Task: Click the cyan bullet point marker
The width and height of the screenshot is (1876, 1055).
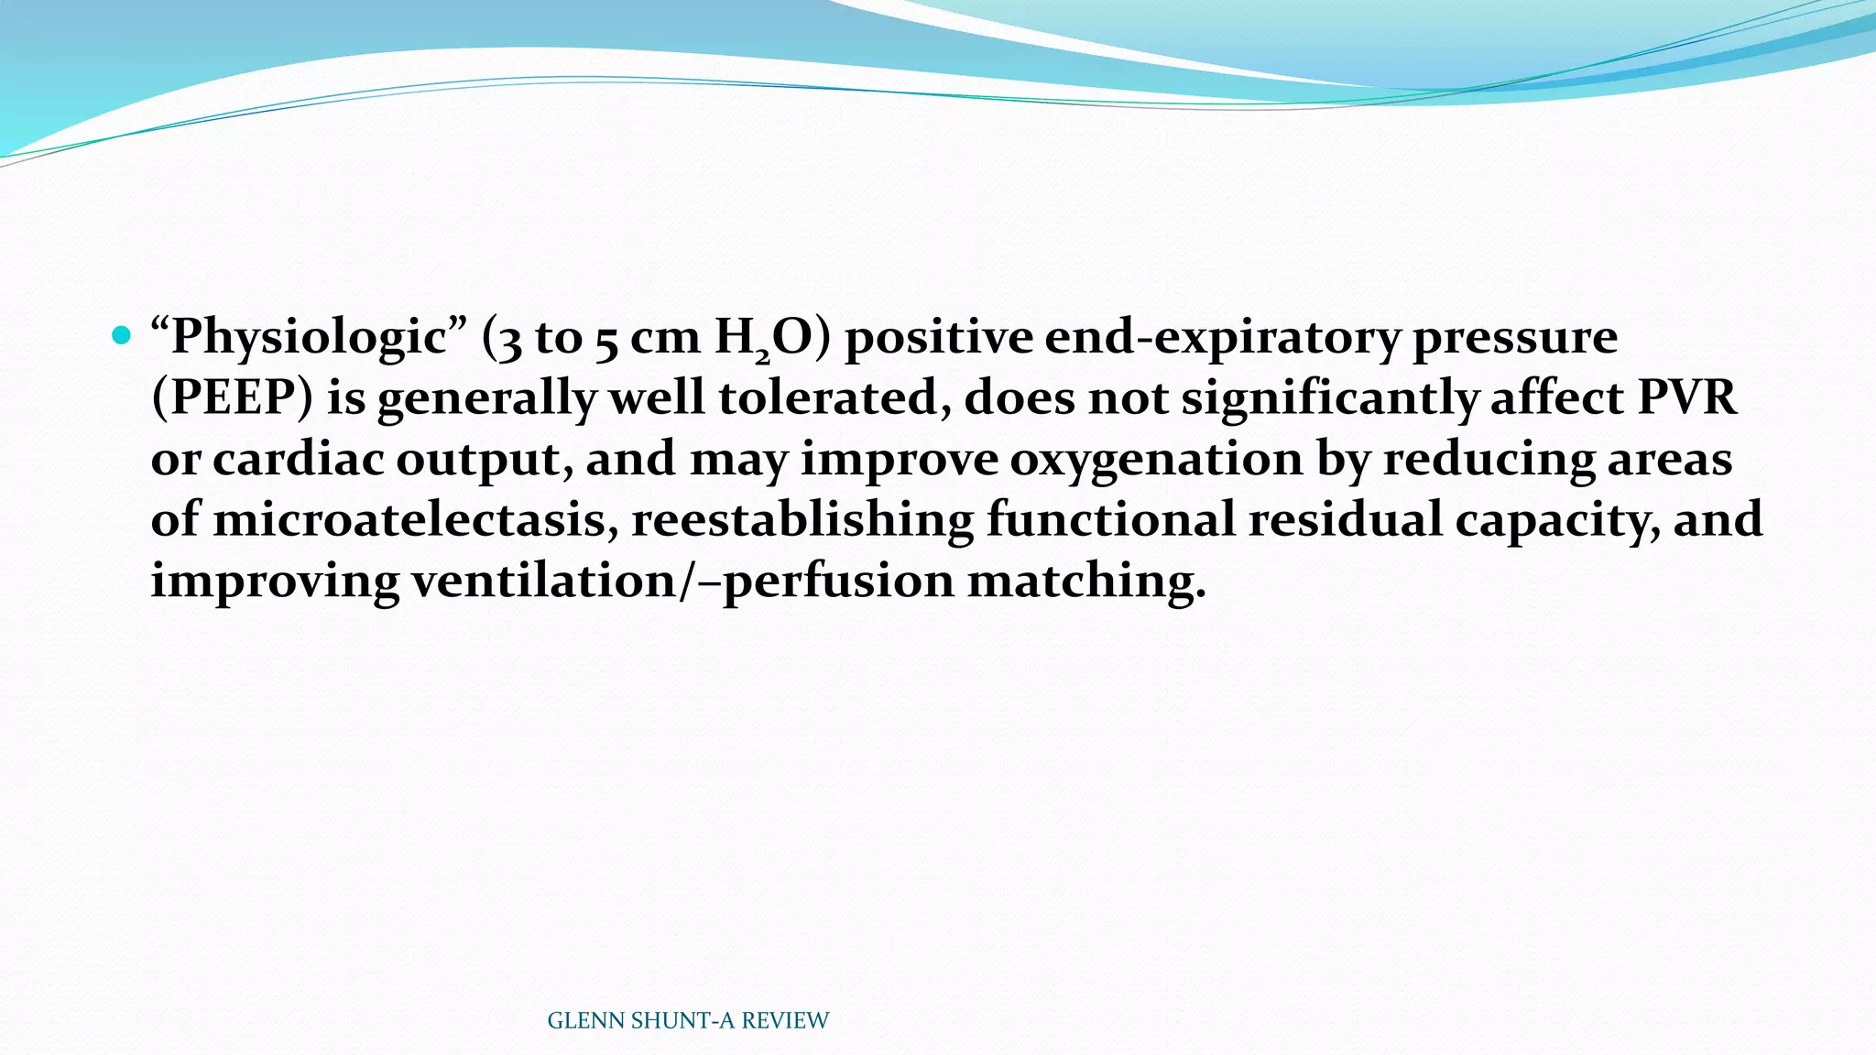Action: tap(120, 335)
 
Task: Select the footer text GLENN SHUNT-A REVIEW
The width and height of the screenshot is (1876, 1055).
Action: tap(688, 1020)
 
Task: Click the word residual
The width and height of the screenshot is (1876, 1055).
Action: tap(1345, 519)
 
